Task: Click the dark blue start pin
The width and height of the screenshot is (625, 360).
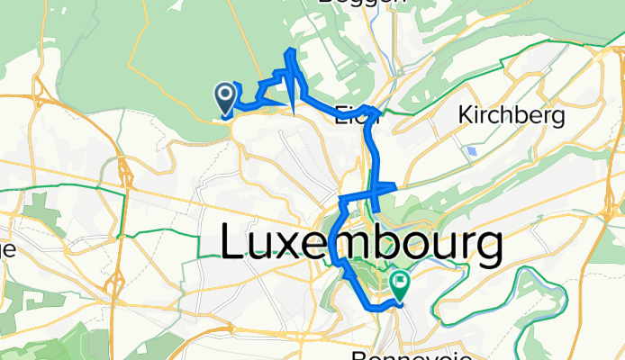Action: [x=224, y=94]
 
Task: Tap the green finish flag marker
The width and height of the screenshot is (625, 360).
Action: [x=398, y=285]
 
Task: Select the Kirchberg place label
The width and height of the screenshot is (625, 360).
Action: [x=511, y=116]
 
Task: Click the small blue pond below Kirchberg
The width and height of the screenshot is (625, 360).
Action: [x=472, y=152]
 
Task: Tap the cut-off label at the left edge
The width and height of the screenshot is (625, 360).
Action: [x=7, y=251]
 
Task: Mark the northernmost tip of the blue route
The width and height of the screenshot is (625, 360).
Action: [x=291, y=50]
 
